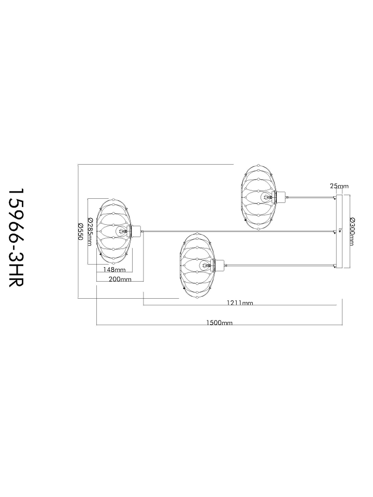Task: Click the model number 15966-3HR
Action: pyautogui.click(x=16, y=238)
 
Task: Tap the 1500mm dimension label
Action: pyautogui.click(x=219, y=323)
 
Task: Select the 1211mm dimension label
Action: pyautogui.click(x=240, y=303)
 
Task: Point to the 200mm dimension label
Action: pyautogui.click(x=120, y=279)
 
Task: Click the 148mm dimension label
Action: pyautogui.click(x=114, y=270)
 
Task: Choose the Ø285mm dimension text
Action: pyautogui.click(x=90, y=232)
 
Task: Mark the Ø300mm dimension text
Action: pyautogui.click(x=352, y=231)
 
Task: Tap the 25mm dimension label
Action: pyautogui.click(x=339, y=186)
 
